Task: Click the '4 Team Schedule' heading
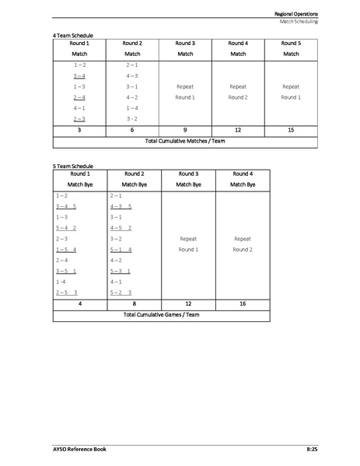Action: pos(72,36)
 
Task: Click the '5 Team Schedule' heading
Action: pos(72,166)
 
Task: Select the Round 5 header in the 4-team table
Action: pos(291,44)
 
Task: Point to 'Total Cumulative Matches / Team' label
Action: pos(185,142)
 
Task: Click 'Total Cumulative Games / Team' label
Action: pos(163,316)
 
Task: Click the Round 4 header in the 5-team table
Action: pos(243,173)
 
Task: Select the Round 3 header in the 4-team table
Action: pos(185,44)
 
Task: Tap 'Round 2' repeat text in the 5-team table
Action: pos(243,250)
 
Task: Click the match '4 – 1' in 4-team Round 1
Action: pos(79,108)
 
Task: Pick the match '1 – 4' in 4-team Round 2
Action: pos(132,108)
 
